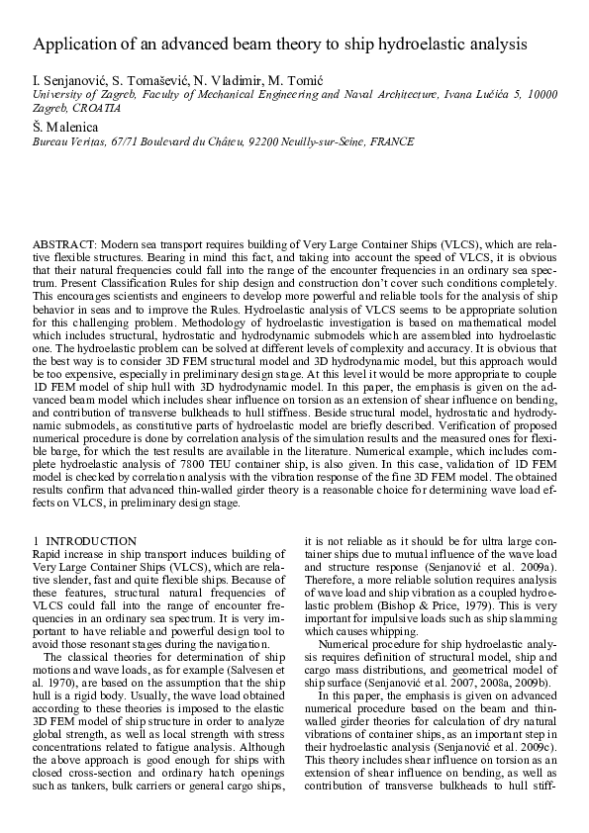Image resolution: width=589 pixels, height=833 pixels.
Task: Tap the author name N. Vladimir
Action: point(222,78)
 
